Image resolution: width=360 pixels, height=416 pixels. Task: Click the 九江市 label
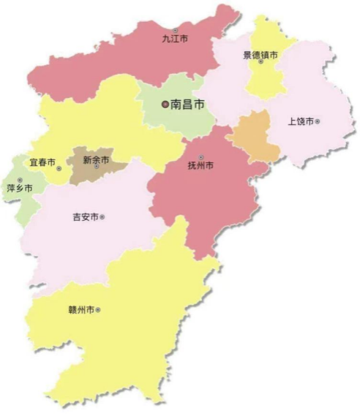[175, 39]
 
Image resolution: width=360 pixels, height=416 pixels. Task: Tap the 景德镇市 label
[260, 55]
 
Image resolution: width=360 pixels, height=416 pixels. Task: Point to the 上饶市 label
[301, 121]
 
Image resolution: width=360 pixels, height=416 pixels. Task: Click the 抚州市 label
[200, 167]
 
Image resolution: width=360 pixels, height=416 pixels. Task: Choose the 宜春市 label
[42, 162]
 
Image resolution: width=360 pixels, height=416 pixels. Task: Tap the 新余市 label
[96, 159]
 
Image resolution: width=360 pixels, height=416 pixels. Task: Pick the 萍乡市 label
[20, 189]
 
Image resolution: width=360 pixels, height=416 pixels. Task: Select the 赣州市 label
[80, 310]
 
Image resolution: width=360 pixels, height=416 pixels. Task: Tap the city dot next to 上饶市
[318, 121]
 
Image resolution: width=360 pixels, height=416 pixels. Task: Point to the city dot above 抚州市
[200, 157]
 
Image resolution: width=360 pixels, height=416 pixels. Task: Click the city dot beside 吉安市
[102, 217]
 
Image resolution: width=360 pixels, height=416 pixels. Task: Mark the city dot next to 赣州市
[98, 310]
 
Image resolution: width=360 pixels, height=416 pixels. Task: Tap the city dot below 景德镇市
[260, 64]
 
